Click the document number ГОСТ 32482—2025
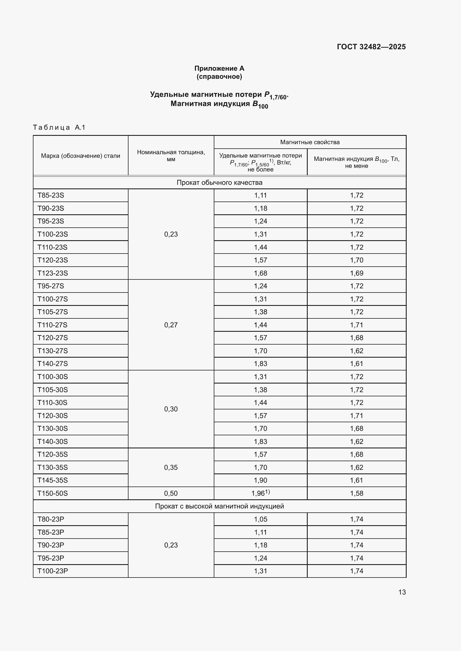click(371, 47)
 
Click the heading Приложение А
click(219, 68)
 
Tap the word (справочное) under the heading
click(219, 77)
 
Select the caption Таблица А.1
click(59, 127)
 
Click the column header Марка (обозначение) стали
click(80, 156)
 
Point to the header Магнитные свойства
click(310, 142)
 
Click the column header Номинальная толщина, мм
click(171, 156)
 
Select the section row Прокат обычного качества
click(219, 183)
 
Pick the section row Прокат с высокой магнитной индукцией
click(219, 506)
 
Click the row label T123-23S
click(53, 273)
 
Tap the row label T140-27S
click(53, 363)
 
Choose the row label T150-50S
click(53, 493)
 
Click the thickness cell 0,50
click(171, 493)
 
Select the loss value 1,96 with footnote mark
click(260, 493)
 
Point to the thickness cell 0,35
click(171, 467)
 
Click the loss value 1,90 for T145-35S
click(260, 480)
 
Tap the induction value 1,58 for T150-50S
click(356, 493)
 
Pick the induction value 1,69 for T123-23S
click(356, 273)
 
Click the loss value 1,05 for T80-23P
click(260, 519)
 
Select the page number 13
click(402, 592)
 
